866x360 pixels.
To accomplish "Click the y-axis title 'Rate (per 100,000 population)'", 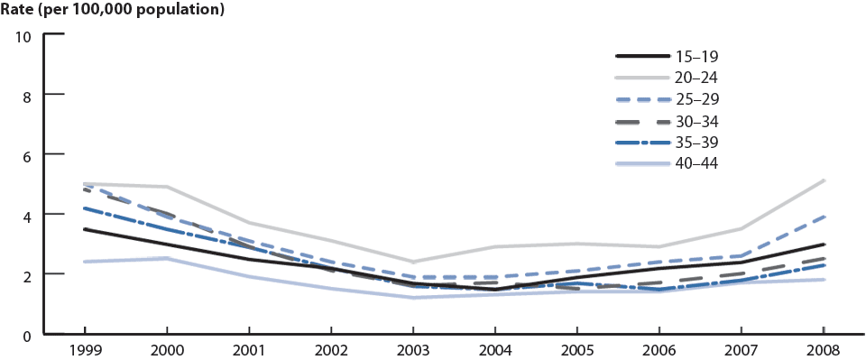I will [113, 11].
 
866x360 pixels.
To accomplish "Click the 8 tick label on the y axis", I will [27, 95].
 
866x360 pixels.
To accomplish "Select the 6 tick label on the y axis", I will [27, 155].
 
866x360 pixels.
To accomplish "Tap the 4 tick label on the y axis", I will [27, 215].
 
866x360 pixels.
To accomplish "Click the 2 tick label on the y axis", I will [27, 274].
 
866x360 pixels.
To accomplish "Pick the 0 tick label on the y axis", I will [27, 335].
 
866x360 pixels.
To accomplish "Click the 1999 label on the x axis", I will [85, 349].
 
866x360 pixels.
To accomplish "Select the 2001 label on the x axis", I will [249, 349].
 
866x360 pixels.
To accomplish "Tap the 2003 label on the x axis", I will [413, 349].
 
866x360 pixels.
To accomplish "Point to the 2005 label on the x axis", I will [577, 349].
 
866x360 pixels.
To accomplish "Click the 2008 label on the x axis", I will [824, 349].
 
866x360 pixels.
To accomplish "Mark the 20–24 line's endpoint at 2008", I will [824, 180].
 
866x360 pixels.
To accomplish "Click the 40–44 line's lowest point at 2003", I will [413, 298].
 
